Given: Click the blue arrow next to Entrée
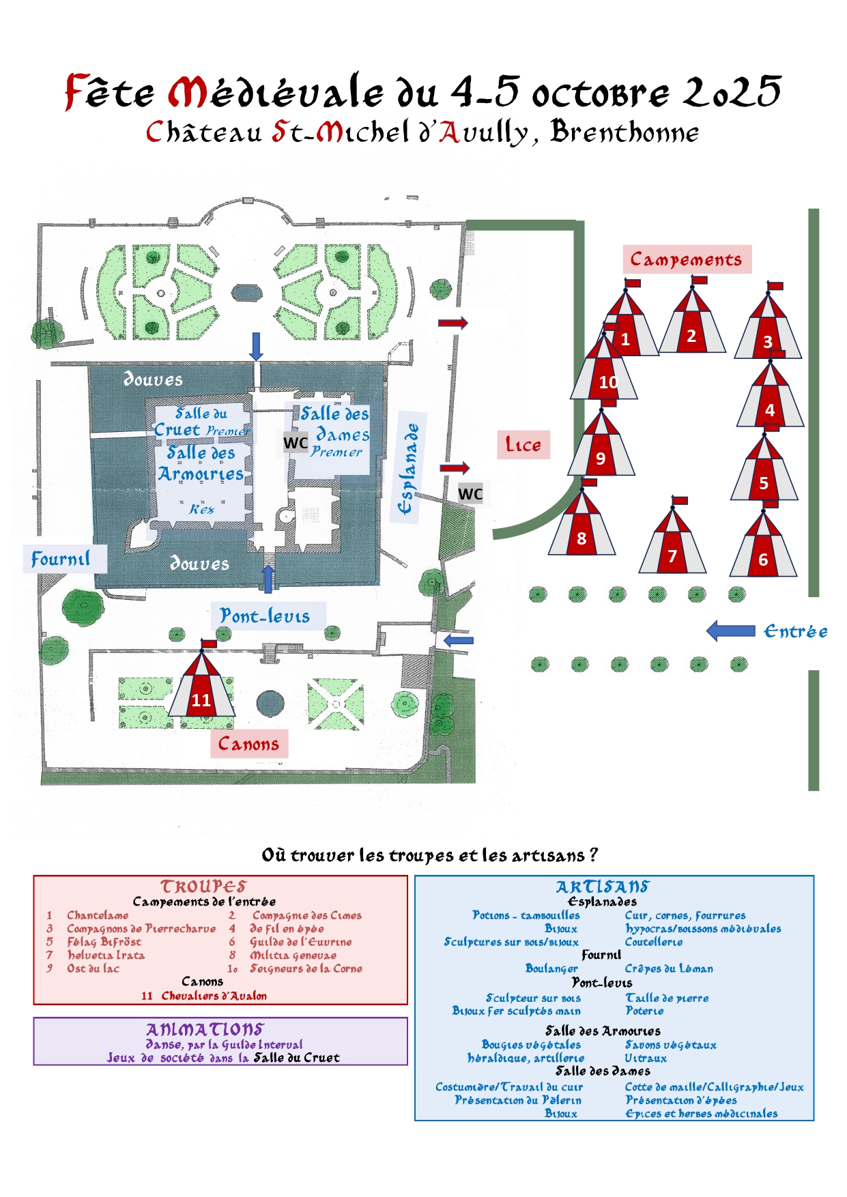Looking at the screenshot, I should click(730, 631).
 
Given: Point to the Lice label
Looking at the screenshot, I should click(523, 445).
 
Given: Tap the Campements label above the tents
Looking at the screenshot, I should click(686, 259).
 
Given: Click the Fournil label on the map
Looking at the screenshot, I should click(61, 559).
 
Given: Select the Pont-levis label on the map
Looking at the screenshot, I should click(265, 616).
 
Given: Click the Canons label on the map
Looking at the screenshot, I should click(248, 744).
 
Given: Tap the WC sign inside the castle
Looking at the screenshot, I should click(296, 443).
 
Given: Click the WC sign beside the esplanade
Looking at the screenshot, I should click(470, 494).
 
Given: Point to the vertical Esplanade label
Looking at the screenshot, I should click(407, 468).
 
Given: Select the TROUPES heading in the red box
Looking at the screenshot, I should click(203, 886).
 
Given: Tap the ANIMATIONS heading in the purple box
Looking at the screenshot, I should click(205, 1029).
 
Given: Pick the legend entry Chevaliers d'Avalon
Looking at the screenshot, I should click(214, 996).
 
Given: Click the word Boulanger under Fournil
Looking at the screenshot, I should click(551, 968).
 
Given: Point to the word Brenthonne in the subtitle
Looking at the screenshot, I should click(625, 132).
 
